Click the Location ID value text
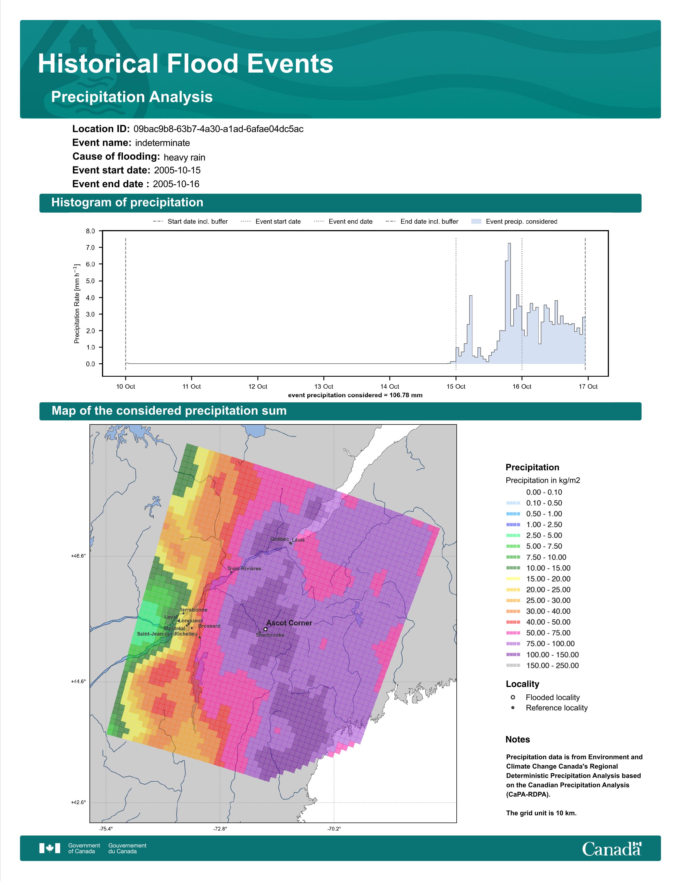[218, 129]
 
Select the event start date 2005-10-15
[177, 170]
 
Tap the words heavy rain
[184, 157]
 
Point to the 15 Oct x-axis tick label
[456, 387]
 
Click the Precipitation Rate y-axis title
[77, 303]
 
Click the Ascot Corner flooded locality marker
[265, 629]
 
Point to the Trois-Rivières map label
[244, 568]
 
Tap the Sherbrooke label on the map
[270, 635]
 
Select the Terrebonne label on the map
[194, 610]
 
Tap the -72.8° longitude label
[220, 829]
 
